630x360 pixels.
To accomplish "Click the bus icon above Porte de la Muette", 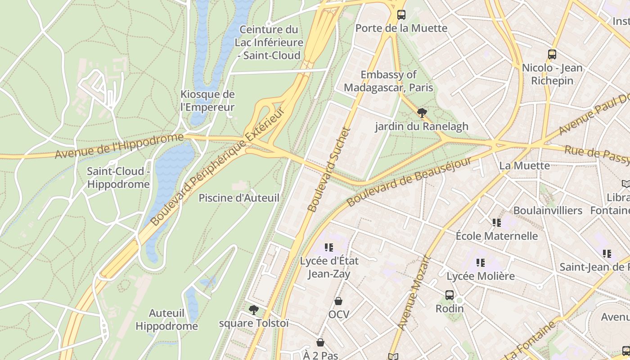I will pyautogui.click(x=401, y=15).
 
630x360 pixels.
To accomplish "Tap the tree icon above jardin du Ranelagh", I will pyautogui.click(x=422, y=113).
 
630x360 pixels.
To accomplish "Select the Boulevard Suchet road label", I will pyautogui.click(x=329, y=170).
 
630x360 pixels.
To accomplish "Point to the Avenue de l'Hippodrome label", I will pyautogui.click(x=119, y=146).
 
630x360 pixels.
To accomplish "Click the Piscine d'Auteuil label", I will pyautogui.click(x=239, y=198).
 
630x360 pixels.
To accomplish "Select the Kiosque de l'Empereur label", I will pyautogui.click(x=207, y=101).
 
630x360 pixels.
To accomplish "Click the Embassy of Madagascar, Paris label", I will pyautogui.click(x=388, y=81).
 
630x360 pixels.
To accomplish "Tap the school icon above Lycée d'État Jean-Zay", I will pyautogui.click(x=329, y=247).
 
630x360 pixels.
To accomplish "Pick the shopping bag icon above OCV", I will pyautogui.click(x=338, y=301).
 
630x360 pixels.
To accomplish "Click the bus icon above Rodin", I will pyautogui.click(x=449, y=295).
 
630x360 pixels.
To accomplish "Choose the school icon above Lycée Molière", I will pyautogui.click(x=480, y=262).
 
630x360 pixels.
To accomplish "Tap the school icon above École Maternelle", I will pyautogui.click(x=496, y=222).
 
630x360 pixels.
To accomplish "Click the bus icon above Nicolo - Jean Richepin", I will pyautogui.click(x=552, y=54).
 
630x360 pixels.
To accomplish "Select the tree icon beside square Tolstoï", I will pyautogui.click(x=254, y=310).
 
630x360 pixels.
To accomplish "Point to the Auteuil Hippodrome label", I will pyautogui.click(x=166, y=319).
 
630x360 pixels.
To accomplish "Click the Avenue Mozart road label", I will pyautogui.click(x=414, y=293).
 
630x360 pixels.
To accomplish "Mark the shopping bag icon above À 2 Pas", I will pyautogui.click(x=320, y=343).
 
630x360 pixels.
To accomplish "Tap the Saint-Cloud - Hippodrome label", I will pyautogui.click(x=118, y=178).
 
